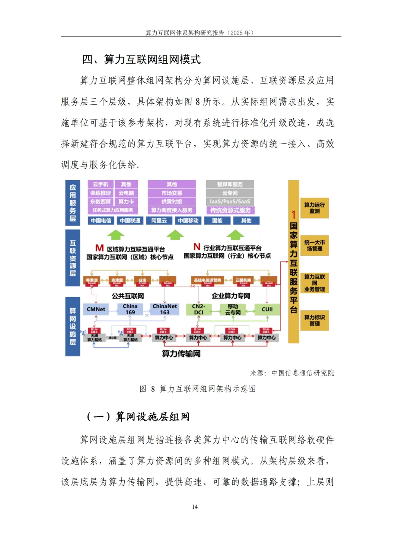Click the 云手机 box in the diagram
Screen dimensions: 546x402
pos(100,184)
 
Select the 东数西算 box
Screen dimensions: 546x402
pos(100,201)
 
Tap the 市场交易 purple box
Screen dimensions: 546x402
pos(172,193)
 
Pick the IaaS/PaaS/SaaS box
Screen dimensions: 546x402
pos(230,201)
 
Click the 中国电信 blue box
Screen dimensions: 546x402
pos(101,220)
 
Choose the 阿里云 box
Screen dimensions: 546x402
pos(159,220)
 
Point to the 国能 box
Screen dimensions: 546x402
pos(217,220)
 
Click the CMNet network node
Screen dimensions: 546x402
pos(96,309)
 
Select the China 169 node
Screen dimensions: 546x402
pos(130,309)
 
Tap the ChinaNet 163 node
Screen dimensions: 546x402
pos(165,309)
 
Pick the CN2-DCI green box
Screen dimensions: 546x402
pos(198,309)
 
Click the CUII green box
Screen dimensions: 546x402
pos(267,309)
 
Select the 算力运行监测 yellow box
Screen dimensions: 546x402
pos(315,208)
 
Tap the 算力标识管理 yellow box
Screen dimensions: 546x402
pos(315,320)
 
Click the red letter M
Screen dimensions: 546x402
pos(99,248)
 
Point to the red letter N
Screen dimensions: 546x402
pos(197,247)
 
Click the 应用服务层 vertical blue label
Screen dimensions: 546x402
pos(73,203)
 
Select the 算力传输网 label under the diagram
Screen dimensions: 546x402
pos(181,353)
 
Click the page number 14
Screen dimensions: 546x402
pos(195,507)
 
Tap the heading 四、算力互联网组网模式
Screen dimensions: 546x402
pos(141,60)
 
